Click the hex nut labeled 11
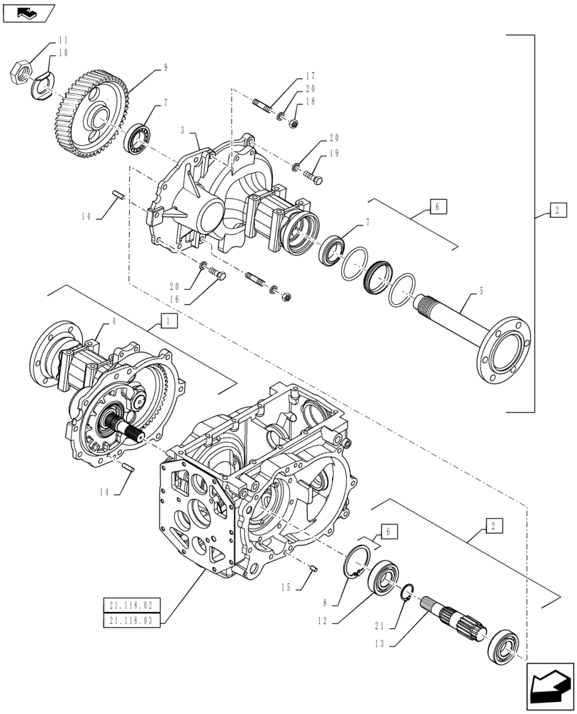[x=19, y=72]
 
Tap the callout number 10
[x=64, y=53]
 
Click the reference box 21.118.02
[x=132, y=605]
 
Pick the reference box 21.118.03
[x=132, y=620]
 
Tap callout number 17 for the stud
[x=310, y=76]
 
